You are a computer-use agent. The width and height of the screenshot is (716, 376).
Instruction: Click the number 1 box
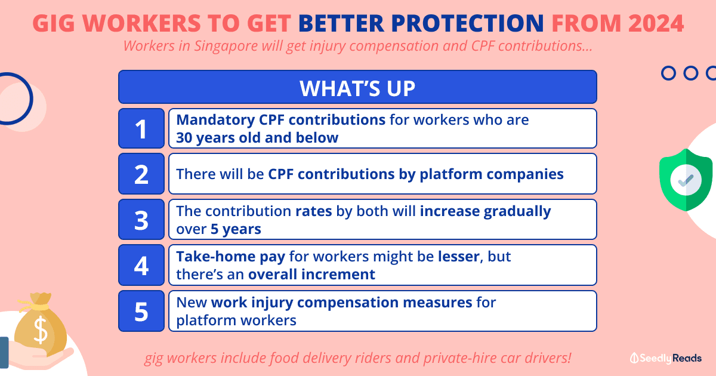point(141,128)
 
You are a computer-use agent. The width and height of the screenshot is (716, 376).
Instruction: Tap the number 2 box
point(141,174)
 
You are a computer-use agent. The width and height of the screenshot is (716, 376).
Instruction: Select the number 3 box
point(141,220)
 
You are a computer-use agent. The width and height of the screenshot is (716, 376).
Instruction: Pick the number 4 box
point(141,265)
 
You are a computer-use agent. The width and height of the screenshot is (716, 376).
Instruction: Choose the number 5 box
point(141,311)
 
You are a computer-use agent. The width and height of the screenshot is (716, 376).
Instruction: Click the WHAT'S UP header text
point(357,88)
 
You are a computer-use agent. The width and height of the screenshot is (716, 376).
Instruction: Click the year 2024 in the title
point(656,23)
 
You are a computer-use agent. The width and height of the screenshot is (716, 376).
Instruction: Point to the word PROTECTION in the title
point(467,23)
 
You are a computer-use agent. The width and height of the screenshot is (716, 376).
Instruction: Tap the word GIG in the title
point(53,23)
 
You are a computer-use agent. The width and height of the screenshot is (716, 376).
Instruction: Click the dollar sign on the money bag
point(41,330)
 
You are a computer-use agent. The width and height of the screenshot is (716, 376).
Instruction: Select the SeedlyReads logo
point(666,358)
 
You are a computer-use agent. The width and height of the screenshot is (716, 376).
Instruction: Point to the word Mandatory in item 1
point(216,120)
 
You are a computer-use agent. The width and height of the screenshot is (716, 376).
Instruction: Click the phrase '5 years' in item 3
point(236,229)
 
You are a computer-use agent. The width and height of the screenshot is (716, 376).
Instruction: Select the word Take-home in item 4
point(215,257)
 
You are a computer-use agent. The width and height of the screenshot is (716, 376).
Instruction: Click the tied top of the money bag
point(41,301)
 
